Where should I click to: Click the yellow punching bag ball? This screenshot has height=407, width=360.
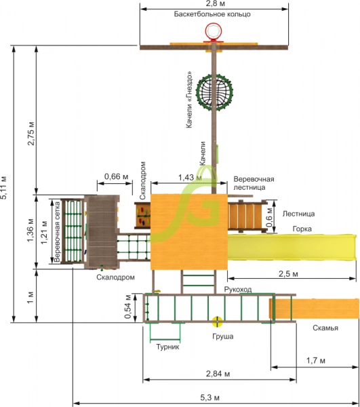pos(217,322)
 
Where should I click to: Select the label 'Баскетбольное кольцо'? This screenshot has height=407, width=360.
pos(212,14)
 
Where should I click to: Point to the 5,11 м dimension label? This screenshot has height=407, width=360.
pos(3,187)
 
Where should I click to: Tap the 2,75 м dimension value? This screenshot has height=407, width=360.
pos(31,133)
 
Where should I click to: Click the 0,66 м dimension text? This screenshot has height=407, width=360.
pos(116,176)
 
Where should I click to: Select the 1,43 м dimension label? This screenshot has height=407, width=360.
pos(190,178)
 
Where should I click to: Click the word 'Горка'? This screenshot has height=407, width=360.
pos(302,229)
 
